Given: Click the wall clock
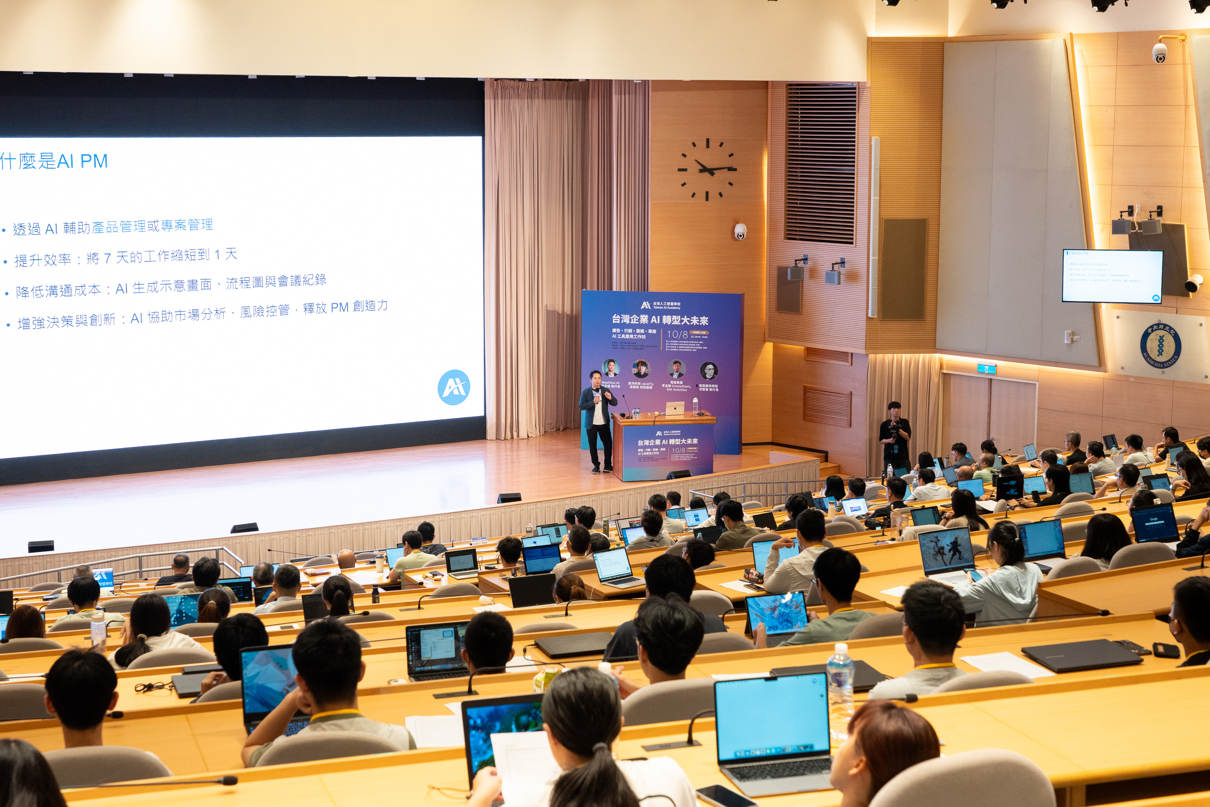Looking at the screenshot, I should pos(707,169).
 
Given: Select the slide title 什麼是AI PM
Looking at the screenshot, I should pos(54,161).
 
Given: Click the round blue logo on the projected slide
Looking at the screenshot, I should pos(453,387).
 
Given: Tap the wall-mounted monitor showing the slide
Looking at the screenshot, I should pos(1112,276).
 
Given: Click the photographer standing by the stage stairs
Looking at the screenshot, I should pos(894,435).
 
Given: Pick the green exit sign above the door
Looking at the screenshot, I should pos(986,368).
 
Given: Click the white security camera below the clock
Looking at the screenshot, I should pos(740,231).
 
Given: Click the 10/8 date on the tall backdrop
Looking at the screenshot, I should pos(677,335).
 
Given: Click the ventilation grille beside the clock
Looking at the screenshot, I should pos(820,163).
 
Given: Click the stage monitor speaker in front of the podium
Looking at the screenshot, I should pos(679,474).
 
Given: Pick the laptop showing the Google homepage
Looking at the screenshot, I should pos(1154,523).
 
